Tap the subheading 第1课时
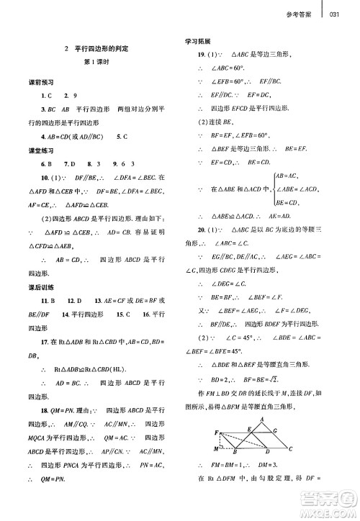[x=96, y=63]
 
